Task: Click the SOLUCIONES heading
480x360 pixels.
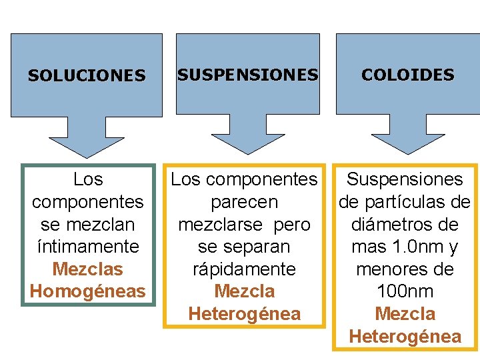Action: [x=87, y=76]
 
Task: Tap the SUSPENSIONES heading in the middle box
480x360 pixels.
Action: [x=247, y=75]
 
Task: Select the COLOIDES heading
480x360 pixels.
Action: [x=408, y=75]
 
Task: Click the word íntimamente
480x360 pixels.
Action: [x=87, y=247]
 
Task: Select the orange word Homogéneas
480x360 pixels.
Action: [x=87, y=291]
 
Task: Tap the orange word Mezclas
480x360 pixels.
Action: [x=87, y=269]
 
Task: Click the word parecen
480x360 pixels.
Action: [x=244, y=202]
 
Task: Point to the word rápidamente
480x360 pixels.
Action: [x=244, y=269]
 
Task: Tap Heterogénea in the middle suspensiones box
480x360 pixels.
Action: [x=244, y=314]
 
